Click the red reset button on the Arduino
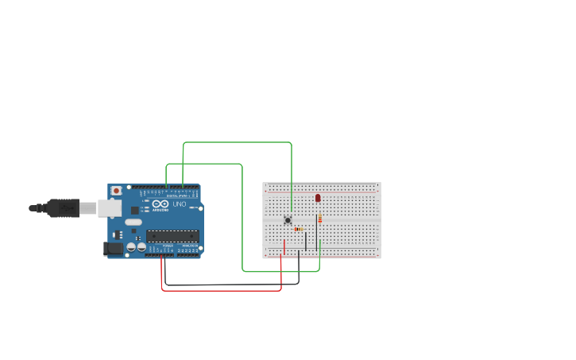pos(116,191)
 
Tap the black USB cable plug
pos(63,208)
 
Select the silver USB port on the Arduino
pos(109,208)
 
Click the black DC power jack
pos(113,248)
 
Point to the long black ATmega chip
pos(172,236)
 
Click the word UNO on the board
pos(180,204)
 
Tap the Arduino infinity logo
pos(160,204)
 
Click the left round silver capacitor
pos(130,248)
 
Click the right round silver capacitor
pos(141,248)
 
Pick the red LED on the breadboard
pos(318,197)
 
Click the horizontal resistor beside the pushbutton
pos(298,229)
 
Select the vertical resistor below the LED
pos(319,219)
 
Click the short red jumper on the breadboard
pos(284,246)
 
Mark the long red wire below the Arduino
pos(222,290)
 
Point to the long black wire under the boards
pos(230,284)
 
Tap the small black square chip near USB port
pos(135,210)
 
